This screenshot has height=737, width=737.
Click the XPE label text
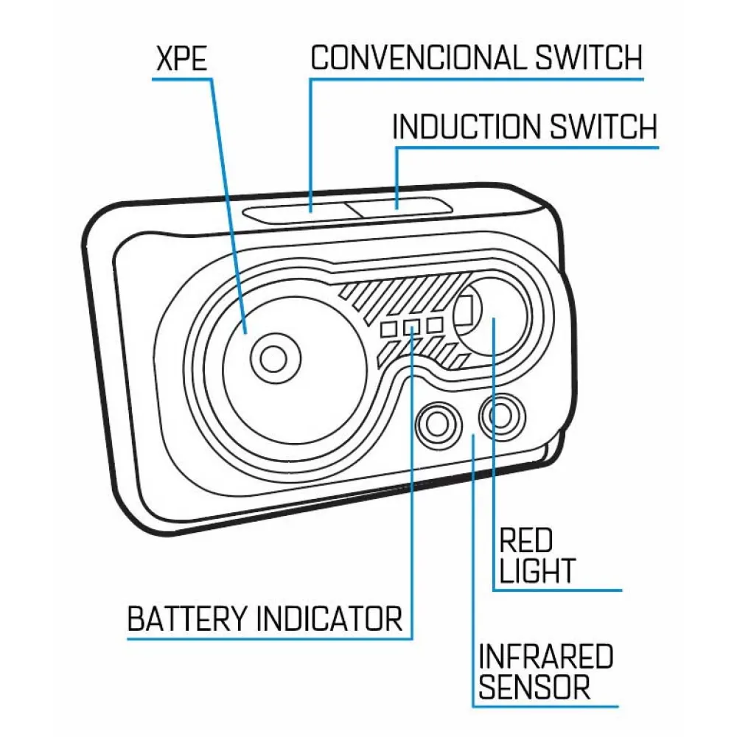pos(181,60)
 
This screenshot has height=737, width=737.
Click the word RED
pos(525,542)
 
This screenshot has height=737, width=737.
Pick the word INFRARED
pos(546,656)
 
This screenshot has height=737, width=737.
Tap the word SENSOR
pos(534,687)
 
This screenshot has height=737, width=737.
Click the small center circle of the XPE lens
pos(273,358)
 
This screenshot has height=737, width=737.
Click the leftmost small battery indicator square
pos(389,329)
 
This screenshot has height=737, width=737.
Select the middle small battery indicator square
pos(411,326)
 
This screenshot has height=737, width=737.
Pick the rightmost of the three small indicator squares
pos(434,324)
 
